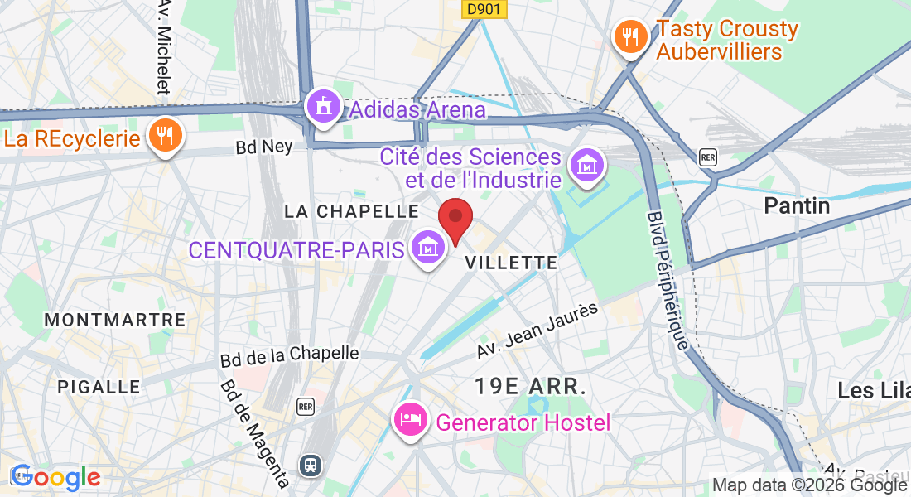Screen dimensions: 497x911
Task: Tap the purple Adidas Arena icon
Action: click(323, 107)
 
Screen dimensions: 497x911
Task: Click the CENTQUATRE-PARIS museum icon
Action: click(427, 248)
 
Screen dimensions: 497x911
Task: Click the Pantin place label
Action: click(797, 205)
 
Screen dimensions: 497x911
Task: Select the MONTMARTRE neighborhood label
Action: click(114, 320)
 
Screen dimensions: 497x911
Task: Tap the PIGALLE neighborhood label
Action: click(99, 387)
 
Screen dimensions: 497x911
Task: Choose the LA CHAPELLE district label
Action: click(351, 212)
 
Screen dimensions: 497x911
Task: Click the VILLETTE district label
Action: click(511, 263)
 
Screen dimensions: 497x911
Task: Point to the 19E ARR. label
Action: click(530, 386)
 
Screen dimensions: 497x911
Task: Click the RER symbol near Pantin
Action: click(707, 157)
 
